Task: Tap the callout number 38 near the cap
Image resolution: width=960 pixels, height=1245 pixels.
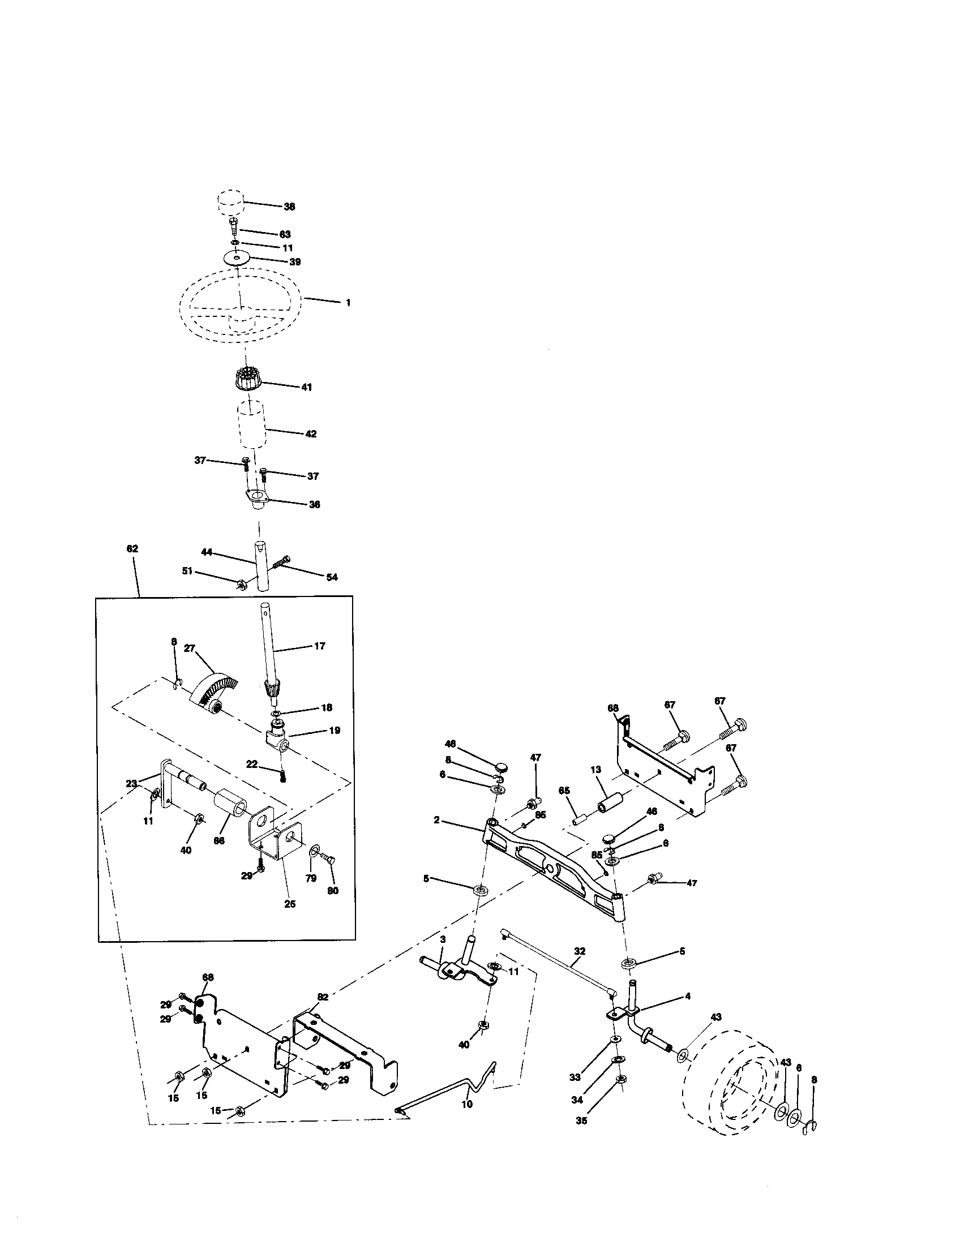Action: point(290,207)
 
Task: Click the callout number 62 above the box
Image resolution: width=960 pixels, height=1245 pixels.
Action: point(132,549)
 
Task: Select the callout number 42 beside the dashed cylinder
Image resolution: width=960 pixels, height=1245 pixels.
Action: point(310,434)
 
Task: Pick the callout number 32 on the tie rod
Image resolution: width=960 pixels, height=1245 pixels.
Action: point(580,951)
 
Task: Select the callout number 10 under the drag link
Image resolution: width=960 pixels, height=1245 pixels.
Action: point(467,1119)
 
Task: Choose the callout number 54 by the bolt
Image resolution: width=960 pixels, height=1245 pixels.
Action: point(332,577)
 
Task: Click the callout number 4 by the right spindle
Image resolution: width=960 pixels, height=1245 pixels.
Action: point(688,996)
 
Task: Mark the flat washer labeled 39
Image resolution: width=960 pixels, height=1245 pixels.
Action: point(238,258)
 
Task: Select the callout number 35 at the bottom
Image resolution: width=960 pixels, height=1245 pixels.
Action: point(581,1120)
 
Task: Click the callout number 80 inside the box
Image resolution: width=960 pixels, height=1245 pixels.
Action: point(333,890)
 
